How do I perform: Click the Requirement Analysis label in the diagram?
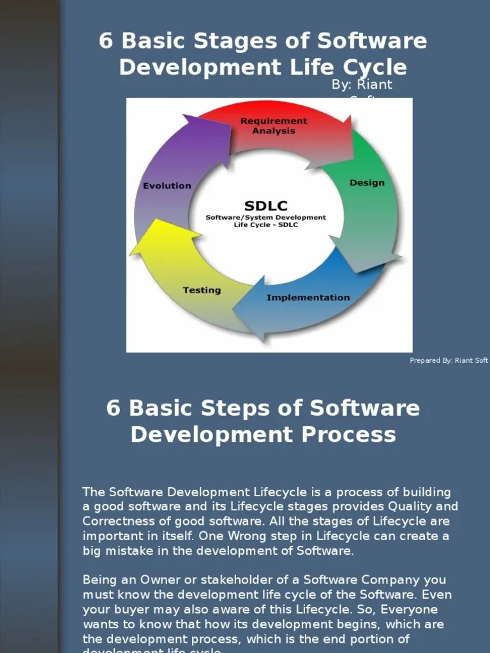tap(273, 126)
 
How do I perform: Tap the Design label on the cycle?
tap(367, 183)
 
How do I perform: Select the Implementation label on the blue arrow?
tap(308, 298)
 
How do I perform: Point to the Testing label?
tap(202, 290)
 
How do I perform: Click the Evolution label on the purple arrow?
tap(167, 186)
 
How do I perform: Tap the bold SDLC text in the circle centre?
tap(265, 206)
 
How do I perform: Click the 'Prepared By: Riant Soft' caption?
tap(449, 361)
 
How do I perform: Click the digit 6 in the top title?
tap(106, 41)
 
